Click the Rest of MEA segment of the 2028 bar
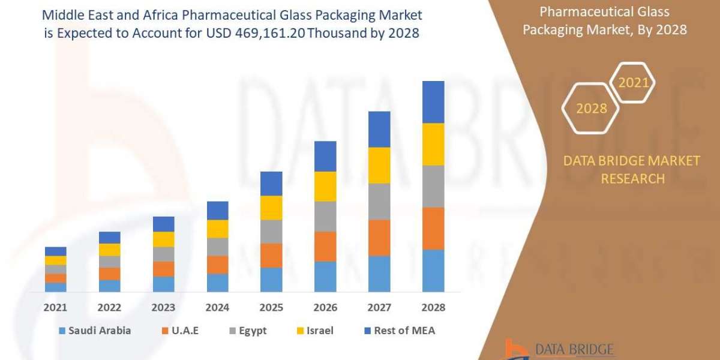(x=433, y=102)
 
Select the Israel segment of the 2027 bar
(x=379, y=165)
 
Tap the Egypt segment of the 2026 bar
(x=325, y=216)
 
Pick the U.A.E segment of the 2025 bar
(x=271, y=255)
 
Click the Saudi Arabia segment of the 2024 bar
(x=217, y=283)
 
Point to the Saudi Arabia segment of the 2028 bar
(x=433, y=271)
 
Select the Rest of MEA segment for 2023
(x=163, y=224)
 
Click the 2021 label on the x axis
(x=55, y=307)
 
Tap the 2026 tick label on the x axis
(x=325, y=307)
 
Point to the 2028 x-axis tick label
(x=433, y=307)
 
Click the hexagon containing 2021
(x=634, y=83)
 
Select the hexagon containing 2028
(x=591, y=109)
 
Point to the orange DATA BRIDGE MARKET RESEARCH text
(x=632, y=169)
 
